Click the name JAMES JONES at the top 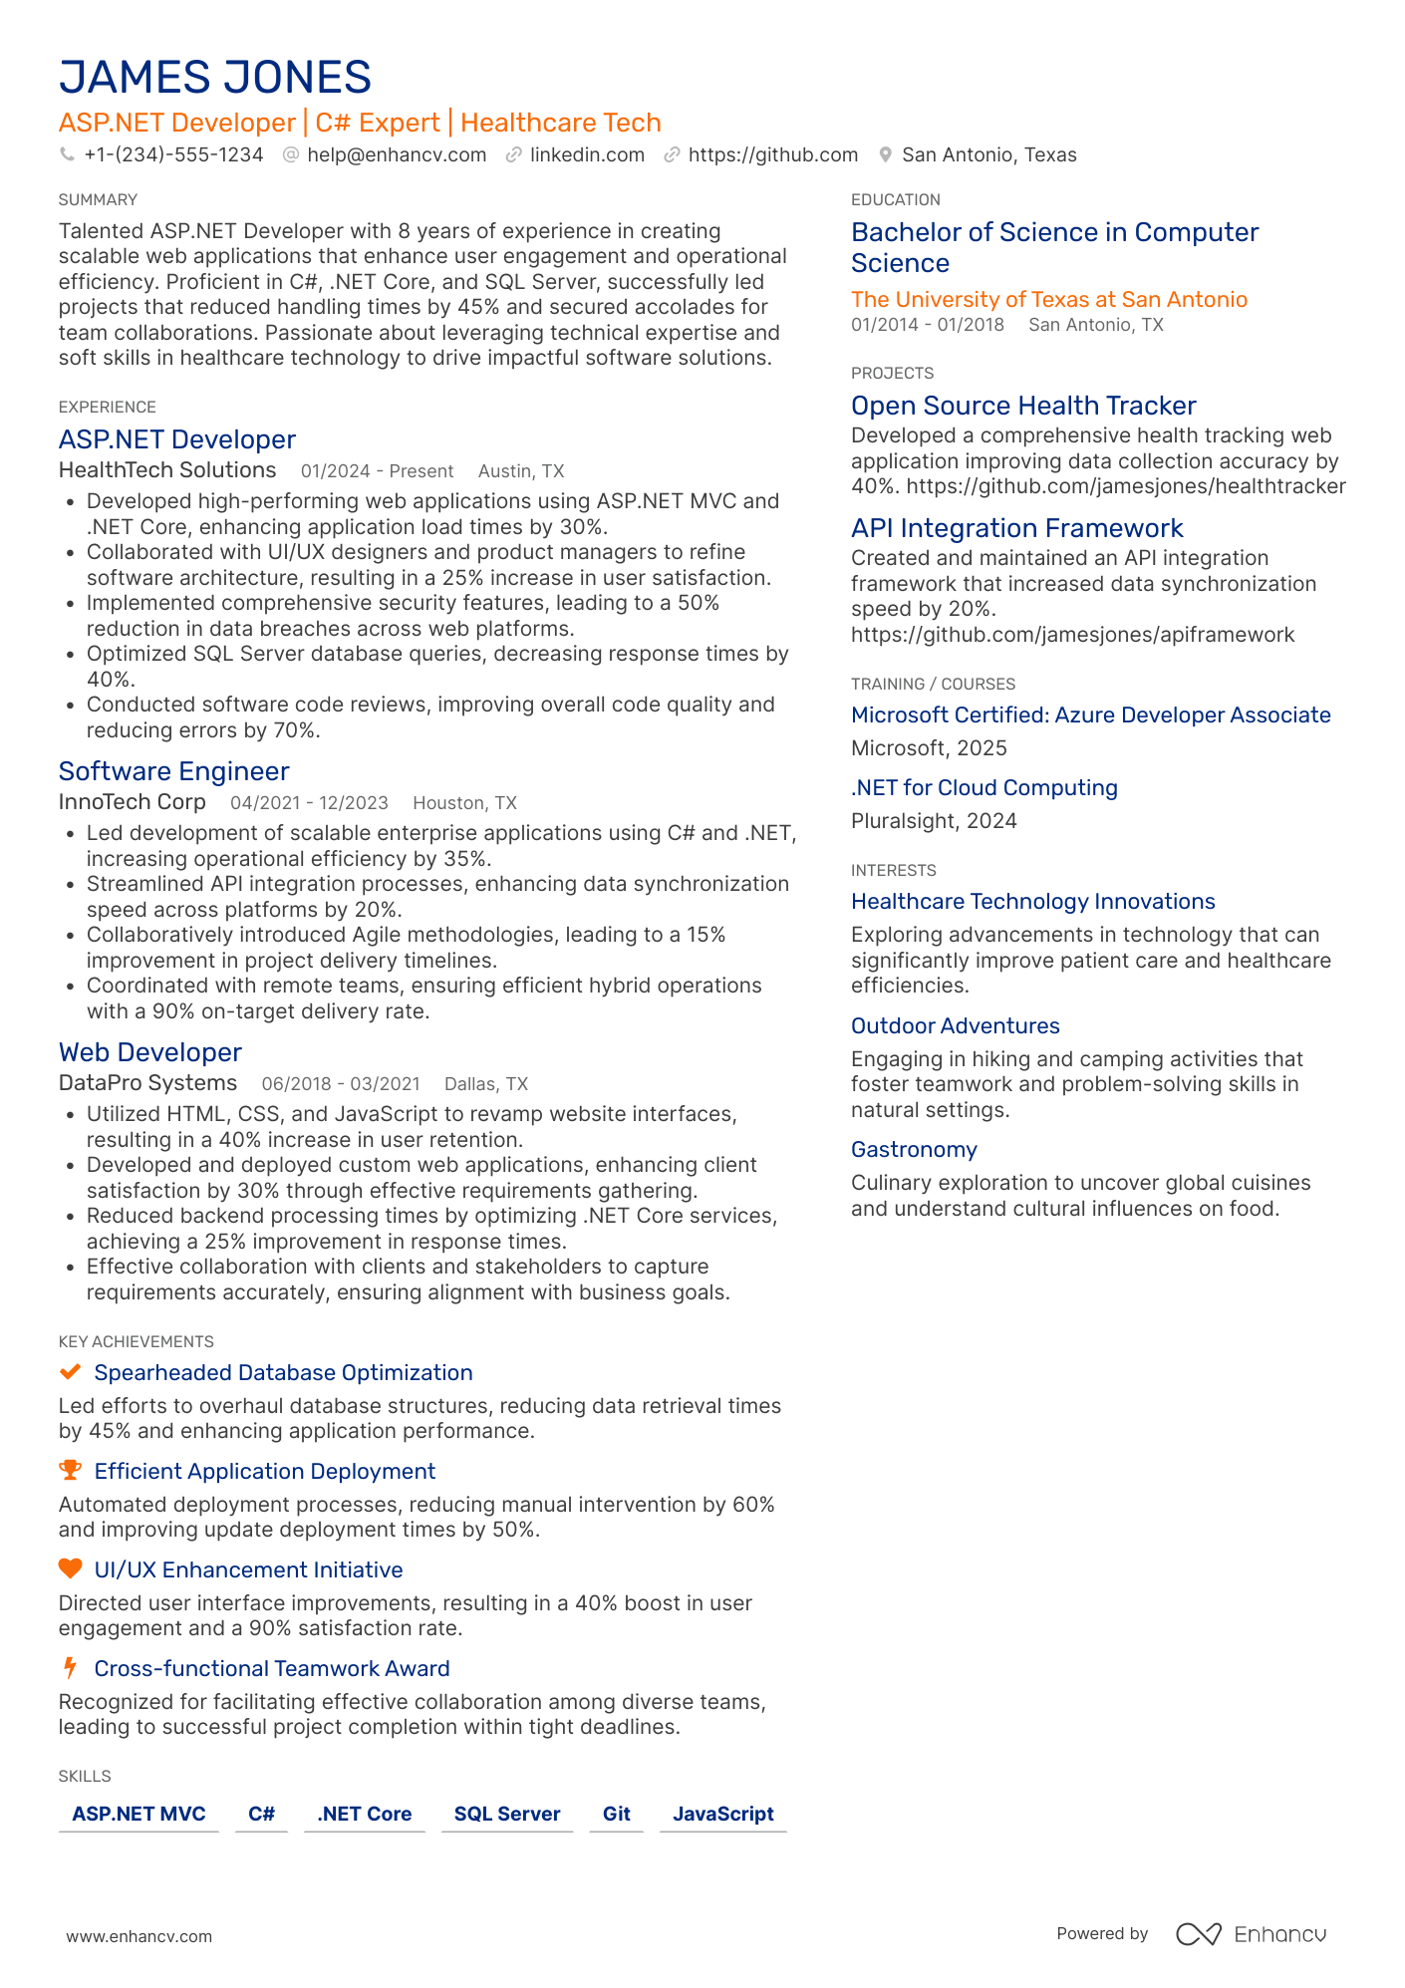[214, 78]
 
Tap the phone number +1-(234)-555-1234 [173, 154]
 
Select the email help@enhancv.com [396, 154]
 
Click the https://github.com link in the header [772, 154]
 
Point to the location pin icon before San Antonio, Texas [885, 154]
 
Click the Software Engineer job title [173, 771]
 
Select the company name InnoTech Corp [132, 802]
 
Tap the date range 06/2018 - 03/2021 [340, 1084]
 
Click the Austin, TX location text [520, 471]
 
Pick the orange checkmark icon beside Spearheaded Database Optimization [70, 1372]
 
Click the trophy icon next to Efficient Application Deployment [70, 1471]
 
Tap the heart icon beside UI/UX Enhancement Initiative [70, 1568]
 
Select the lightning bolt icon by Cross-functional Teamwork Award [70, 1667]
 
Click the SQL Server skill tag [506, 1814]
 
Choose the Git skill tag [616, 1814]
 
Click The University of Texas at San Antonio [1048, 299]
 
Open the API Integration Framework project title [1016, 528]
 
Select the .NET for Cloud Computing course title [983, 787]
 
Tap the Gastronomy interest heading [913, 1149]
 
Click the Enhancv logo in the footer [1252, 1934]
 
